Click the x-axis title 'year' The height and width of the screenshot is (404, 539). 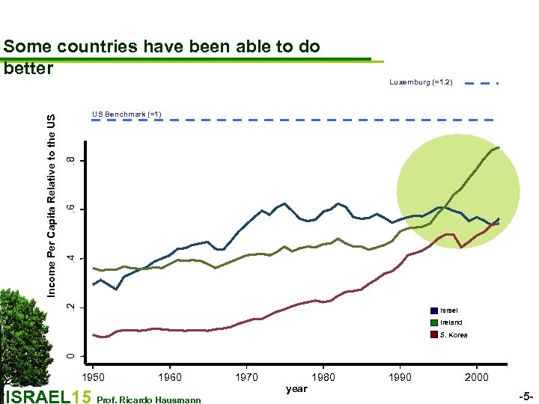click(x=296, y=389)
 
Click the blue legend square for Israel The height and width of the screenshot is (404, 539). click(x=434, y=310)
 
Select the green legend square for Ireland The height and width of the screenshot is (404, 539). click(x=434, y=322)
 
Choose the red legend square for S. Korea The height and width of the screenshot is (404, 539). click(x=434, y=334)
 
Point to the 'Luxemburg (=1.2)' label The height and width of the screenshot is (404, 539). click(x=421, y=81)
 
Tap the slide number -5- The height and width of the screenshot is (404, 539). click(x=526, y=394)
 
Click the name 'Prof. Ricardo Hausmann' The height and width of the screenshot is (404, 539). click(x=150, y=400)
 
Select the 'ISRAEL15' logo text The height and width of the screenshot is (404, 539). click(x=48, y=397)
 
